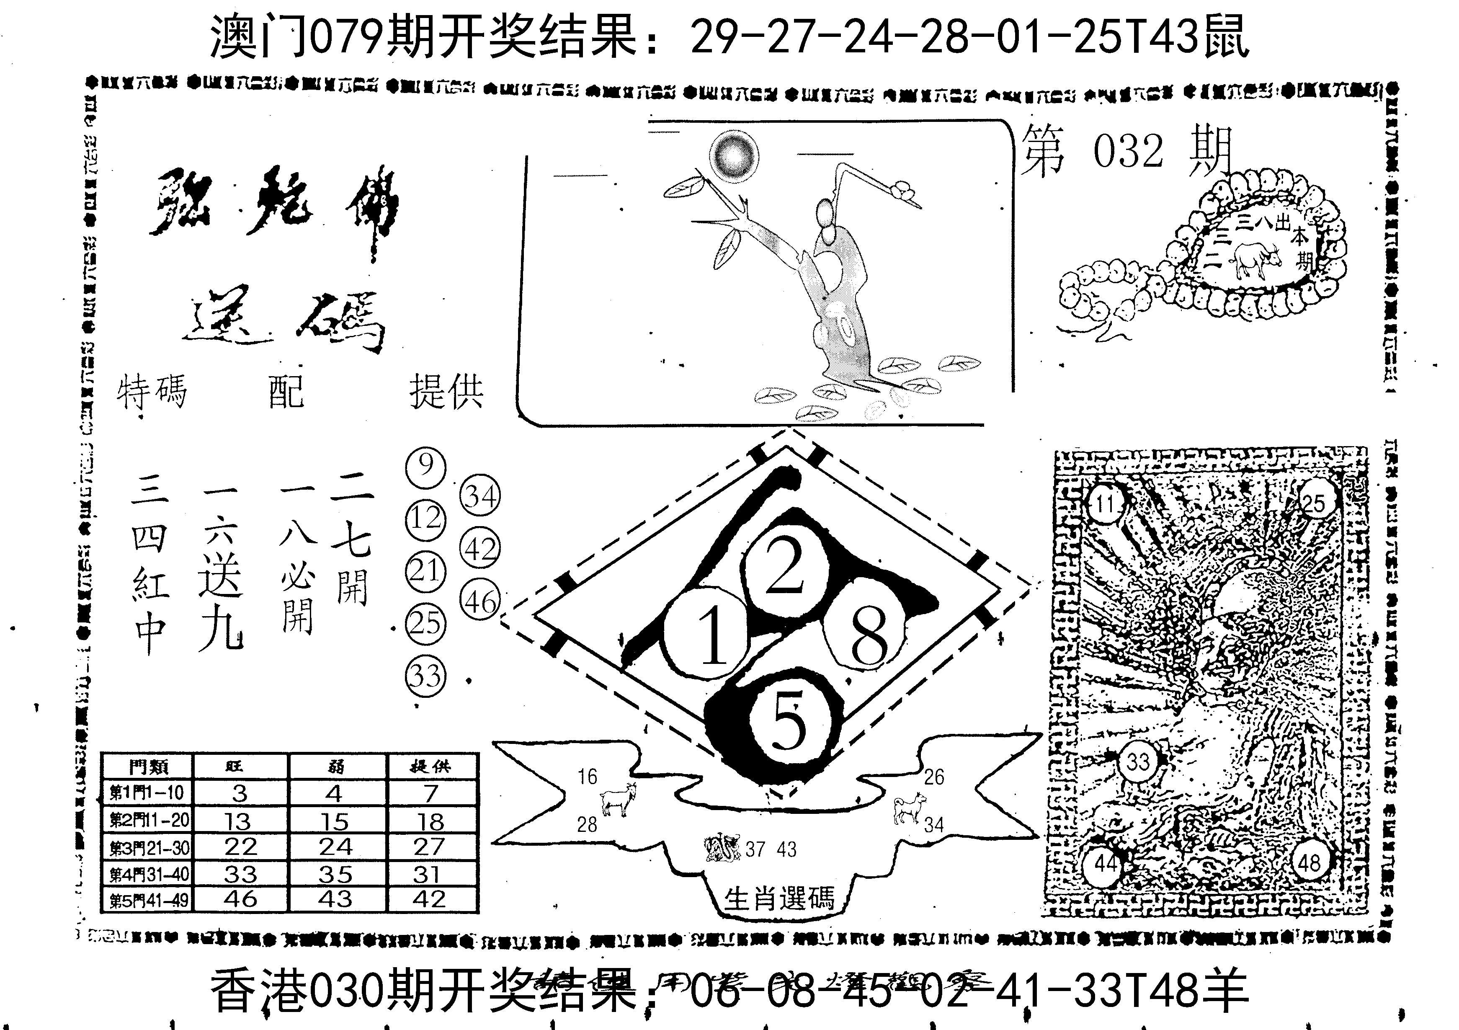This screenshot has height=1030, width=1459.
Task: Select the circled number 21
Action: coord(426,571)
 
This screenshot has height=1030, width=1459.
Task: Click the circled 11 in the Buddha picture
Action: coord(1106,504)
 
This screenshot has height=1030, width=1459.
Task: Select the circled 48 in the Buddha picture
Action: coord(1309,863)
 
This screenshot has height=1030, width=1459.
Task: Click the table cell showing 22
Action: coord(240,847)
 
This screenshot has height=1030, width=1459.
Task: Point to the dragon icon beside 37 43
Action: coord(722,848)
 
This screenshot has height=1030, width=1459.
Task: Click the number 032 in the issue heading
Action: coord(1128,152)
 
